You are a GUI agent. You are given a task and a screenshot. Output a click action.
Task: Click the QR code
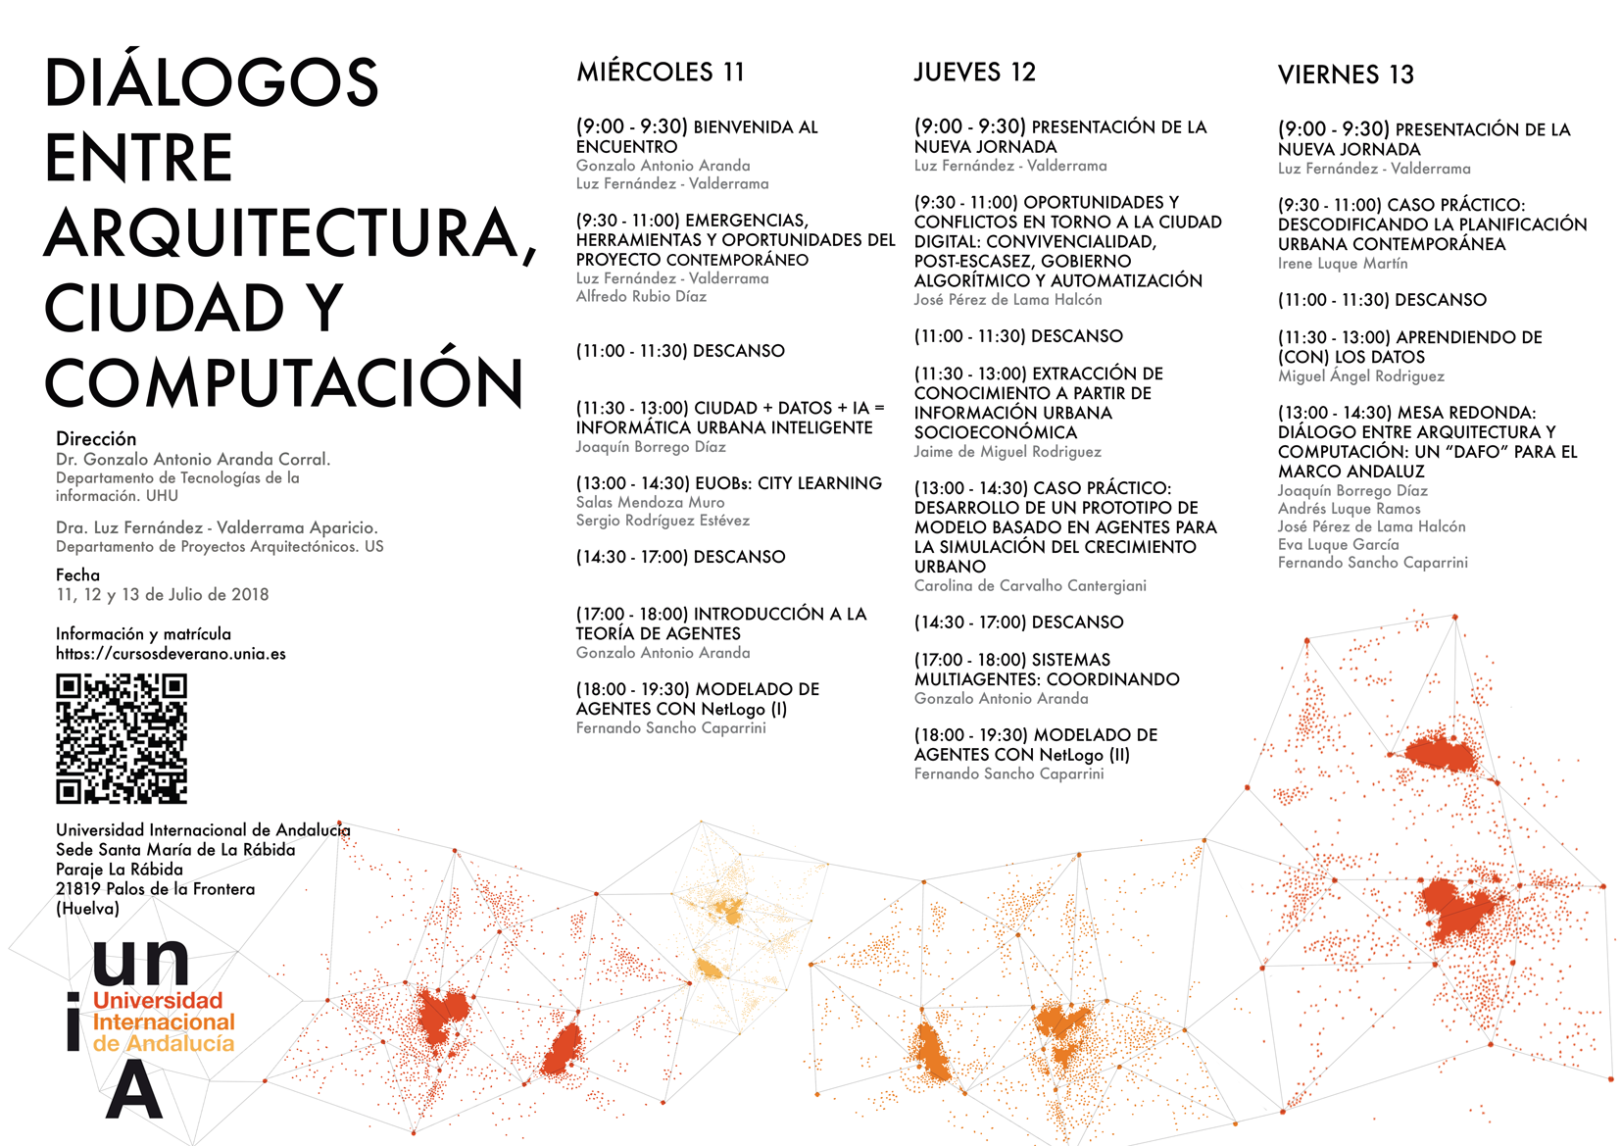(122, 738)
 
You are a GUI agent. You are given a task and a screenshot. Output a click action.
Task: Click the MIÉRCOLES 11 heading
(661, 73)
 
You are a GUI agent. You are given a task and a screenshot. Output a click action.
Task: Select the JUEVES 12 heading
(974, 73)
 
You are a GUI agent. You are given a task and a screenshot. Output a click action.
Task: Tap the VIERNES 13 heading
(1346, 75)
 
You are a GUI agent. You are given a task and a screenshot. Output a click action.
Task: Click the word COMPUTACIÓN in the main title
(284, 382)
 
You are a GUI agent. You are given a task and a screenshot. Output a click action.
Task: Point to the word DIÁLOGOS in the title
(212, 82)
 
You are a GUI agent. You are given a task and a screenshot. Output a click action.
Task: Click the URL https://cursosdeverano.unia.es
(171, 654)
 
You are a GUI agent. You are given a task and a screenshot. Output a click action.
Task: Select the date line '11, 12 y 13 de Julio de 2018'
(162, 595)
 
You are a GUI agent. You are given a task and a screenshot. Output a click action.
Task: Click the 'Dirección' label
(96, 439)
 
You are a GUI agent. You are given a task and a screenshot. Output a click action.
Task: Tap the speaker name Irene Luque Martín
(1342, 264)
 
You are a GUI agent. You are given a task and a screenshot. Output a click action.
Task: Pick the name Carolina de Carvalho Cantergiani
(1029, 586)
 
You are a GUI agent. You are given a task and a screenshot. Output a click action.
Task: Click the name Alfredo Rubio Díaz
(641, 297)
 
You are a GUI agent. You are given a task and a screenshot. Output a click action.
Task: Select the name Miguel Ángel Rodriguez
(1360, 376)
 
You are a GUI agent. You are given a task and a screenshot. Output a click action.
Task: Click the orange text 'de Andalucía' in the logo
(164, 1044)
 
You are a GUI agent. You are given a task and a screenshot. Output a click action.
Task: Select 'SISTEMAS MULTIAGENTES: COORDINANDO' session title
(1046, 670)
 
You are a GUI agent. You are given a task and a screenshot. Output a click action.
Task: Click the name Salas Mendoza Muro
(650, 503)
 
